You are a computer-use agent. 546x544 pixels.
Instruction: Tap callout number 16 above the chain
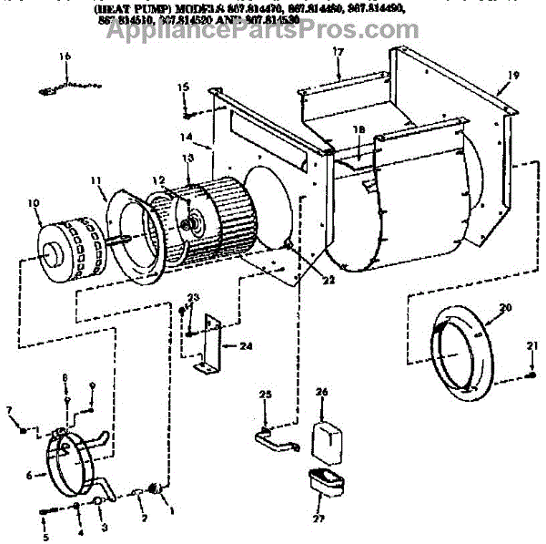[x=65, y=56]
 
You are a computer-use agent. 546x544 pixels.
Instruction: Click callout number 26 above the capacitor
[x=320, y=393]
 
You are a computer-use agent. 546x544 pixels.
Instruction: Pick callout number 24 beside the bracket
[x=247, y=346]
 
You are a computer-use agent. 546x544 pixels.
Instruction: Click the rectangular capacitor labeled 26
[x=328, y=442]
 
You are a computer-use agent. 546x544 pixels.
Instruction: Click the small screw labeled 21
[x=531, y=376]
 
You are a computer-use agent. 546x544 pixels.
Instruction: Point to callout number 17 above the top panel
[x=337, y=53]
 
